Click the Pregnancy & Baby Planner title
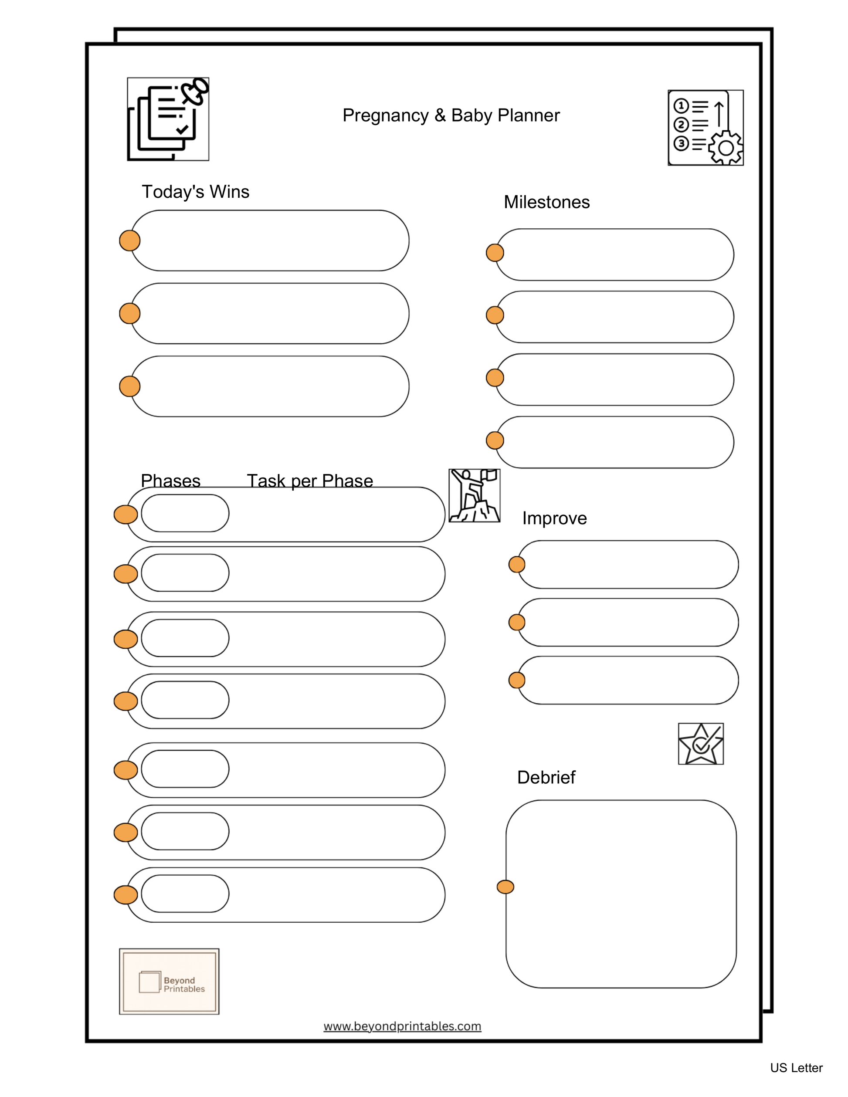pos(451,115)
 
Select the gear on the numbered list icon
pos(725,148)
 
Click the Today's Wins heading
pos(195,192)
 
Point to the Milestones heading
pos(546,202)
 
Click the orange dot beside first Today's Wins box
pos(129,240)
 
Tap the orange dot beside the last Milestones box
pos(495,440)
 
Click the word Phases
pos(170,481)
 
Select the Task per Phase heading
pos(310,481)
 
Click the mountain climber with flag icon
pos(474,495)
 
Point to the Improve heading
pos(554,518)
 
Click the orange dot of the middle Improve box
pos(516,622)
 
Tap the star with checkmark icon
pos(700,744)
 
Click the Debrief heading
pos(546,777)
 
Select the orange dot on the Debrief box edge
pos(505,887)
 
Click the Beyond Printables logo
pos(170,982)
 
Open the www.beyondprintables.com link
pos(402,1026)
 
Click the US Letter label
pos(796,1068)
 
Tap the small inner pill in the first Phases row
pos(185,513)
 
